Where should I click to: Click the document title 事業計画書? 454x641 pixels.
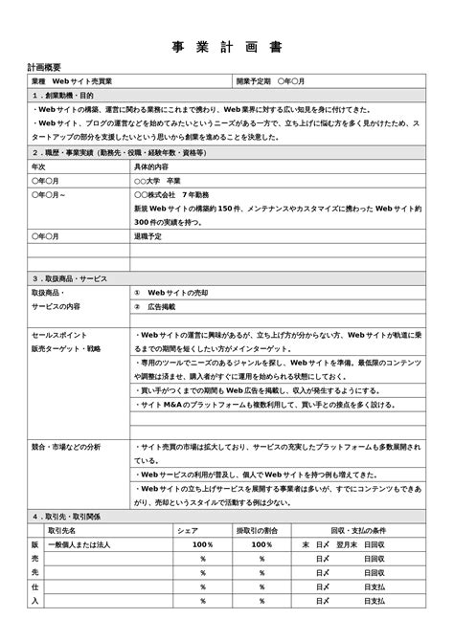pos(227,48)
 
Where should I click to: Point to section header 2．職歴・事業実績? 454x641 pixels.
pos(114,152)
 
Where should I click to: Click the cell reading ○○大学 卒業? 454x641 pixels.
pos(158,180)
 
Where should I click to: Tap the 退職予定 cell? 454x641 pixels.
pos(148,235)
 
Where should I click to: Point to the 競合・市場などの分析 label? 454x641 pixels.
pos(66,446)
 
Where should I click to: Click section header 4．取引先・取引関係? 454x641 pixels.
pos(66,516)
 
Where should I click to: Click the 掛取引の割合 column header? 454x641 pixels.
pos(258,529)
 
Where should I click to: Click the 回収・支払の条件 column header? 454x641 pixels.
pos(358,529)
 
